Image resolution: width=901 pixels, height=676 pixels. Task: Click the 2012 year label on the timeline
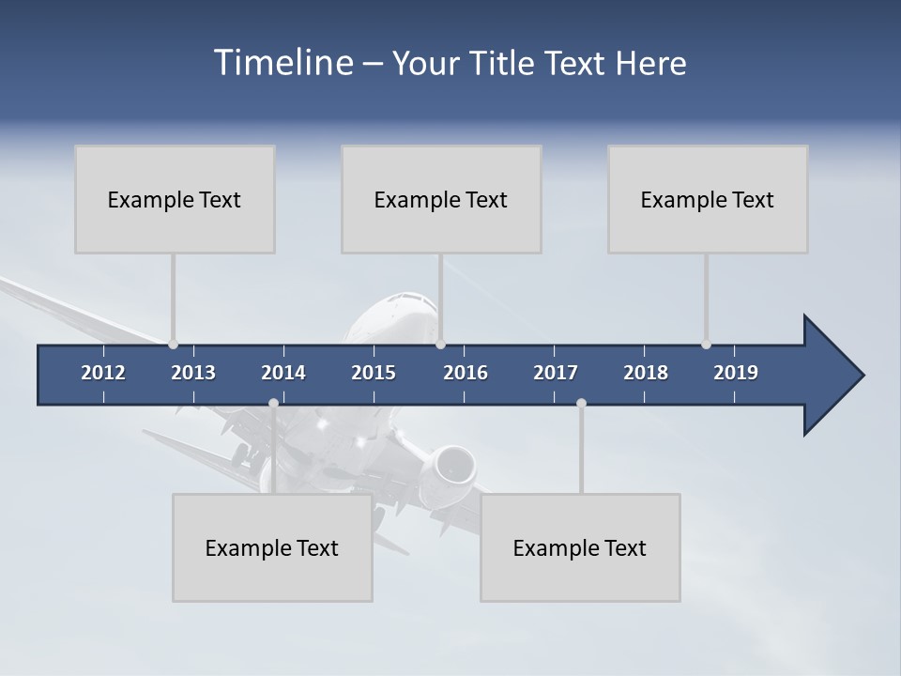(x=103, y=373)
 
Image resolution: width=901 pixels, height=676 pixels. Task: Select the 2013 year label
(x=193, y=373)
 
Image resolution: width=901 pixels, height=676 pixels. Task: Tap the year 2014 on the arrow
(x=283, y=373)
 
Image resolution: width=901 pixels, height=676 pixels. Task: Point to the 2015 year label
(x=374, y=373)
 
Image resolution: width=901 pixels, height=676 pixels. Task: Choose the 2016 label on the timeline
(x=466, y=373)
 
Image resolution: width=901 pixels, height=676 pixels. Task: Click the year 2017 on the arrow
(x=556, y=373)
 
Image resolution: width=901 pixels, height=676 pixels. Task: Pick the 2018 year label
(x=646, y=373)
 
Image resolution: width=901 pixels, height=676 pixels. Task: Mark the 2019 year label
(x=736, y=373)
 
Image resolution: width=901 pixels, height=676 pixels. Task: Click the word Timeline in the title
(x=283, y=63)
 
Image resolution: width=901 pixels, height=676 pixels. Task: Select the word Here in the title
(x=651, y=63)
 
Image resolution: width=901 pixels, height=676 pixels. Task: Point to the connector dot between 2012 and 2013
(x=173, y=345)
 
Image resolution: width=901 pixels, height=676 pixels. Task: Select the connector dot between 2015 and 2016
(x=441, y=345)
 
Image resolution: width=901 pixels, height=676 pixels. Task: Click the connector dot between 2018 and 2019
(x=706, y=345)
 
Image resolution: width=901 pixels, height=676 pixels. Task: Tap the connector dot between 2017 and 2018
(x=581, y=403)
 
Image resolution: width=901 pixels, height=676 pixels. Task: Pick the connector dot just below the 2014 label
(x=273, y=403)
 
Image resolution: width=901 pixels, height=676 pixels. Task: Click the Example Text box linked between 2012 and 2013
(x=175, y=199)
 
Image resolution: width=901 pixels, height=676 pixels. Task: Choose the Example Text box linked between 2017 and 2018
(x=580, y=547)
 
